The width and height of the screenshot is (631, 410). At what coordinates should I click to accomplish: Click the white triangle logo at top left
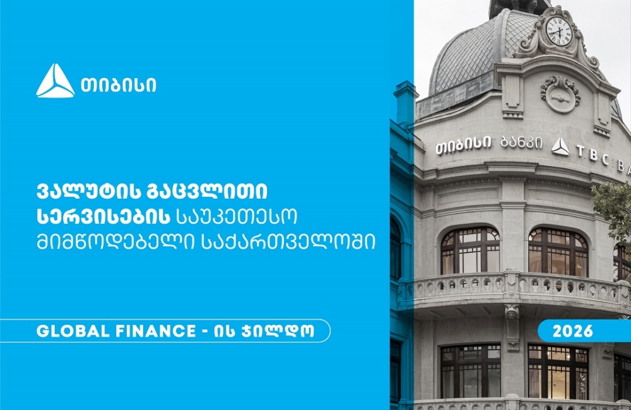[55, 81]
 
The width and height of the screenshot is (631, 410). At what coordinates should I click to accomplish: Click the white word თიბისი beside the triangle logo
[118, 85]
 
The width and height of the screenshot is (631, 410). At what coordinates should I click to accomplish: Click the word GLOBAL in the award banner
[68, 331]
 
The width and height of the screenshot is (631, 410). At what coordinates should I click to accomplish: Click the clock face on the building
[558, 31]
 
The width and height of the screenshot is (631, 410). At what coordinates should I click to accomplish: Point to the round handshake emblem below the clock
[560, 93]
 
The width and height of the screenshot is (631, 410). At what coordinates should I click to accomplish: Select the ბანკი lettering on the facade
[521, 143]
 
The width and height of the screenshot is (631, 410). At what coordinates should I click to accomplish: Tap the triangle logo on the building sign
[560, 147]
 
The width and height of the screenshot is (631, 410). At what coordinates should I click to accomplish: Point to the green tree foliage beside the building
[615, 208]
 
